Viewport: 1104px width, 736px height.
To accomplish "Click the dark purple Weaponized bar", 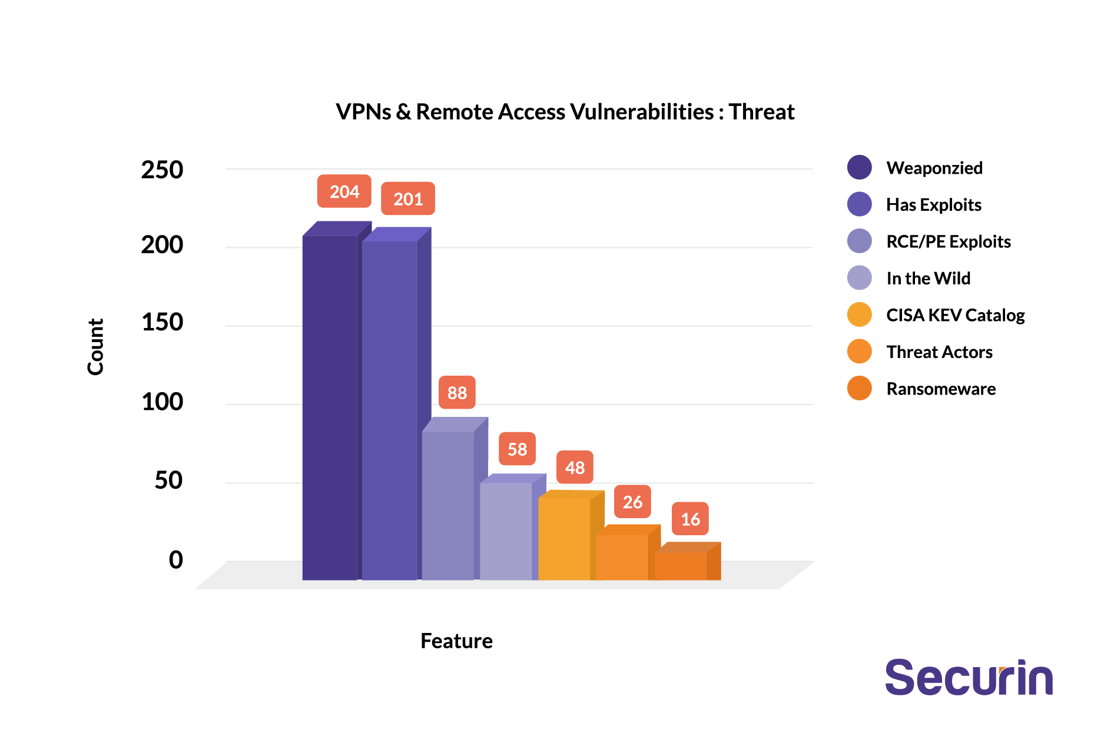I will click(x=330, y=406).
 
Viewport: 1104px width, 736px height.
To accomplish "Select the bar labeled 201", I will click(x=389, y=409).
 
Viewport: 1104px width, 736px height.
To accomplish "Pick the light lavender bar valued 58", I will click(x=506, y=531).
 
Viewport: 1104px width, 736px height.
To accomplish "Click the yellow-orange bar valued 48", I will click(x=564, y=538).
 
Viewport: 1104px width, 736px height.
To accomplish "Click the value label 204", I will click(x=344, y=191).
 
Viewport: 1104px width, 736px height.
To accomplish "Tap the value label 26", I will click(x=632, y=502).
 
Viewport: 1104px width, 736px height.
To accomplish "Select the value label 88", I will click(x=457, y=392).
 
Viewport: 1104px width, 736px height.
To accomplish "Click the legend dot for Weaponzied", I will click(x=859, y=168).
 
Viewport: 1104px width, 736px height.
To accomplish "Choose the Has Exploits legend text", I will click(x=933, y=205).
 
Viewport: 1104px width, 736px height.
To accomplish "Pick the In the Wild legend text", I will click(x=928, y=279).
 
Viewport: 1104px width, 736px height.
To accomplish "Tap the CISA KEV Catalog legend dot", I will click(x=859, y=315).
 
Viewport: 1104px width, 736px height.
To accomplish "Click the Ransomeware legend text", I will click(x=941, y=389).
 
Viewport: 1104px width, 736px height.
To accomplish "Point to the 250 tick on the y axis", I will click(x=162, y=170).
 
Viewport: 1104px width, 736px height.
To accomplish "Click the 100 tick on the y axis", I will click(x=162, y=402).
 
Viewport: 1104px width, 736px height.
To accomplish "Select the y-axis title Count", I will click(x=95, y=347).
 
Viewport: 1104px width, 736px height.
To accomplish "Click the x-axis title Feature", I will click(x=456, y=641).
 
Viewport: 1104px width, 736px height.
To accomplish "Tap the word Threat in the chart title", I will click(x=761, y=112).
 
